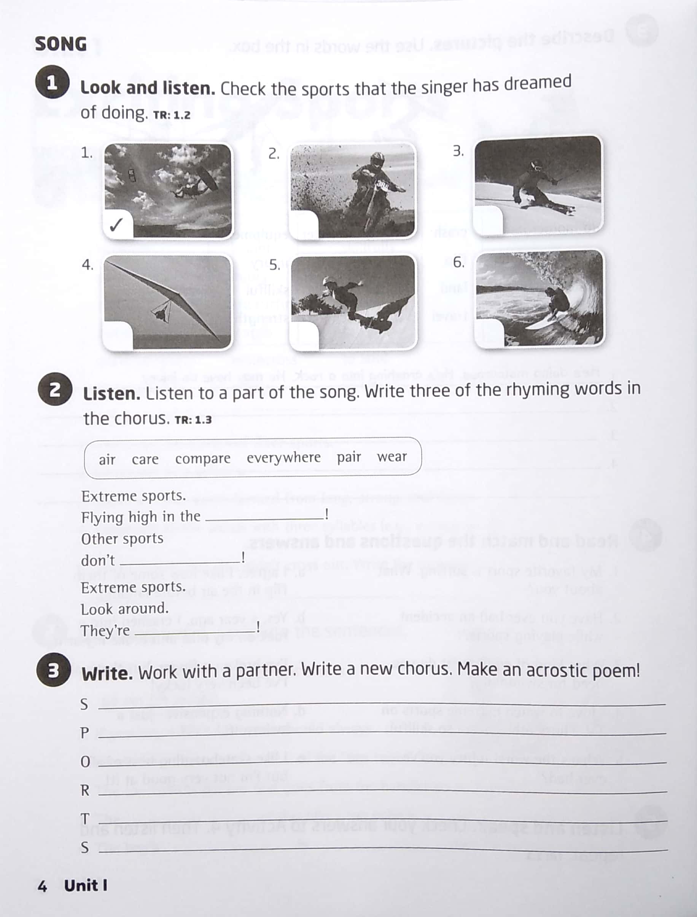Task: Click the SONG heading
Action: (x=60, y=44)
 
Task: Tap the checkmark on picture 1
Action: (x=116, y=225)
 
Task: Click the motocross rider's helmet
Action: (x=377, y=160)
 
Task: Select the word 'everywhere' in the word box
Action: (x=283, y=457)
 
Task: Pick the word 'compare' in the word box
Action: (x=202, y=458)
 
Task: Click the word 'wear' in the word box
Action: (x=391, y=457)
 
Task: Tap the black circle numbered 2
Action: (x=55, y=390)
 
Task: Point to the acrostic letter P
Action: (x=84, y=733)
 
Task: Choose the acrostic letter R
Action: (x=84, y=790)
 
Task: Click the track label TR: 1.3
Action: (x=193, y=420)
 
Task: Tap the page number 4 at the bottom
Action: (x=42, y=886)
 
